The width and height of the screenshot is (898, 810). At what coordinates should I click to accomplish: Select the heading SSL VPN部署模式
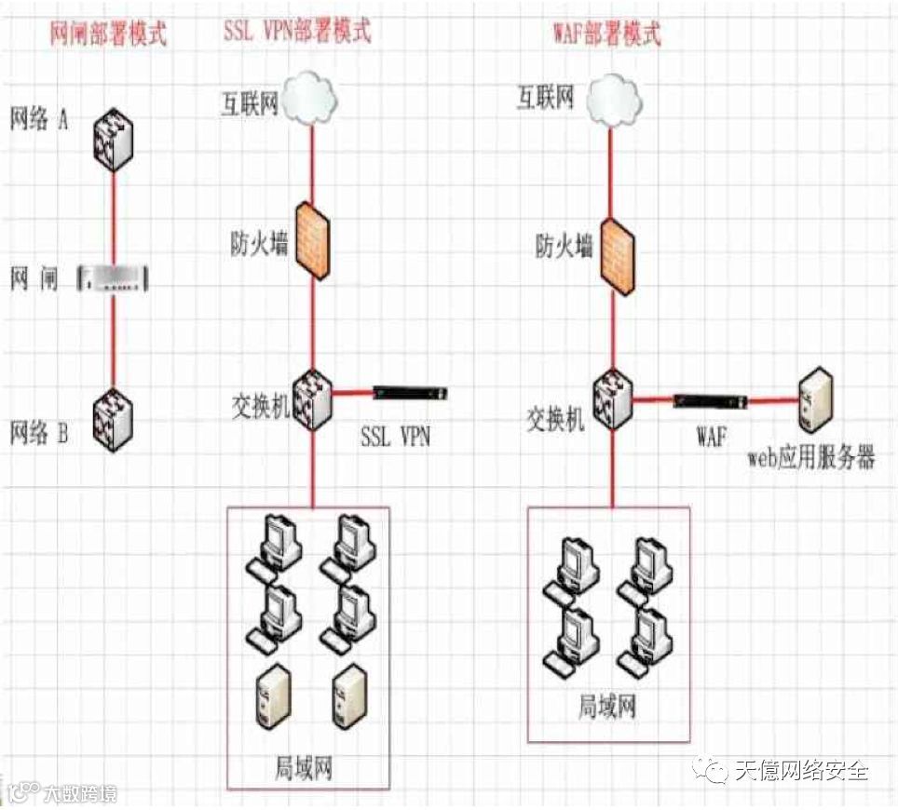tap(297, 30)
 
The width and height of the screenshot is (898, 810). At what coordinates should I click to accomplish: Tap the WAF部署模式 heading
tap(605, 34)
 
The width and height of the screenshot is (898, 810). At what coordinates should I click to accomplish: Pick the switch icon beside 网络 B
tap(115, 420)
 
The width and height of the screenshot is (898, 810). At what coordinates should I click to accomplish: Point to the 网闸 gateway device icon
tap(114, 277)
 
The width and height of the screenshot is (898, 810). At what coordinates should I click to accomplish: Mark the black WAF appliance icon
tap(710, 400)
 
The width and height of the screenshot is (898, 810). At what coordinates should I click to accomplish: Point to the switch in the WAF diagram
tap(613, 401)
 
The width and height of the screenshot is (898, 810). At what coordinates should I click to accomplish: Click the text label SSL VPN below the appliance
tap(395, 436)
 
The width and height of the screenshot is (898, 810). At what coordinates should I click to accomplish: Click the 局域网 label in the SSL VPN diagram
tap(304, 769)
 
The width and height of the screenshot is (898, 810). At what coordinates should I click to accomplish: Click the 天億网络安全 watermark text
tap(801, 771)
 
